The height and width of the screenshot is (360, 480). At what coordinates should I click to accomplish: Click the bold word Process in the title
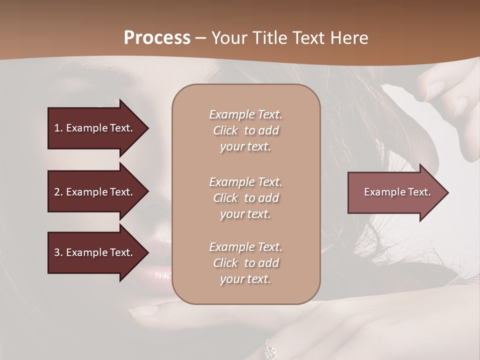157,38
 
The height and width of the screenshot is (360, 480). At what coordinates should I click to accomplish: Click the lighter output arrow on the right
395,192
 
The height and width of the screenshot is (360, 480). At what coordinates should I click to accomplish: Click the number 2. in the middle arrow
58,192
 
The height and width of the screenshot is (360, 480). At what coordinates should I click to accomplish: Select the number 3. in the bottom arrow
58,252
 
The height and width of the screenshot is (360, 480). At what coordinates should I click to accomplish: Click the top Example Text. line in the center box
245,114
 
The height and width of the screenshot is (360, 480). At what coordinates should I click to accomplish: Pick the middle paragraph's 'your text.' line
245,214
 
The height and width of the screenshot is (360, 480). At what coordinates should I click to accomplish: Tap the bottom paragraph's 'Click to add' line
245,263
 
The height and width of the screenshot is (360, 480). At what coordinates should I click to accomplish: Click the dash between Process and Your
200,38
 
